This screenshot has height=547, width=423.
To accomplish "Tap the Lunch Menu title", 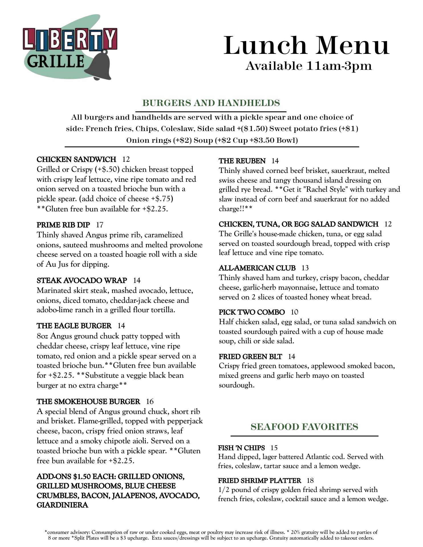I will click(x=306, y=46).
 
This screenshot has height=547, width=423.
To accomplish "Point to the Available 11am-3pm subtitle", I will click(x=309, y=66).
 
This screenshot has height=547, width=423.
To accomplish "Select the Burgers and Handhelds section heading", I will click(x=211, y=103).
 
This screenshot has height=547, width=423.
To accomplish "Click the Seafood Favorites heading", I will click(x=304, y=427).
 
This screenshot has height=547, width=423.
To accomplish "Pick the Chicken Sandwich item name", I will click(x=76, y=159).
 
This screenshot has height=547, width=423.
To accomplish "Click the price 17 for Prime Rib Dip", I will click(x=99, y=225).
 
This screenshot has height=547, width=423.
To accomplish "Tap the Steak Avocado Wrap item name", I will click(x=82, y=280).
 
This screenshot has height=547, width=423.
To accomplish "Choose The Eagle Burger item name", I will click(x=74, y=326).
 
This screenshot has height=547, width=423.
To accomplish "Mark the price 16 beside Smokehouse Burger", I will click(x=150, y=401).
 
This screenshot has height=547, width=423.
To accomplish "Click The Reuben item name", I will click(x=242, y=161).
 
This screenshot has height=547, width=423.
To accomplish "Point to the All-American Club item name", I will click(x=257, y=268).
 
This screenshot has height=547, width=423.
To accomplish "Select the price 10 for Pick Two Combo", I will click(x=294, y=312).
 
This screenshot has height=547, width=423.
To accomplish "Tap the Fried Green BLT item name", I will click(x=250, y=356).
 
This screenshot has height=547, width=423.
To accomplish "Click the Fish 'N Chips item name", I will click(x=241, y=448).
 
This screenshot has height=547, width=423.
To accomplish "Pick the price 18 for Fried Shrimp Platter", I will click(x=310, y=481).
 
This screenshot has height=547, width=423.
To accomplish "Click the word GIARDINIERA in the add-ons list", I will click(x=62, y=505).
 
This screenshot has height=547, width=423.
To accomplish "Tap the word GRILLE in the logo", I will click(x=56, y=62).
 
